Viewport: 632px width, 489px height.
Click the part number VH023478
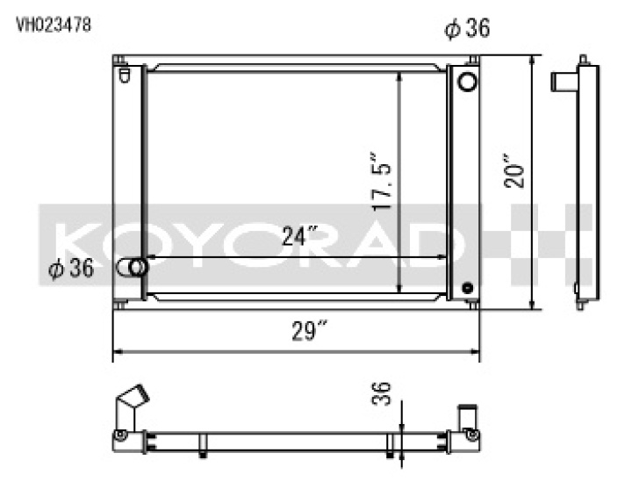coord(53,24)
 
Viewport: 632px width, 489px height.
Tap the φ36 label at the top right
coord(467,29)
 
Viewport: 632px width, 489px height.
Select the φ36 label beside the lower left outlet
coord(70,270)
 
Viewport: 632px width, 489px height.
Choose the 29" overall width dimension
coord(310,332)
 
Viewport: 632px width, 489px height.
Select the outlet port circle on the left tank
coord(134,267)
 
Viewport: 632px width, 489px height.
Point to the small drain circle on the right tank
coord(467,286)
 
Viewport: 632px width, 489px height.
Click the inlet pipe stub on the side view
coord(563,82)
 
